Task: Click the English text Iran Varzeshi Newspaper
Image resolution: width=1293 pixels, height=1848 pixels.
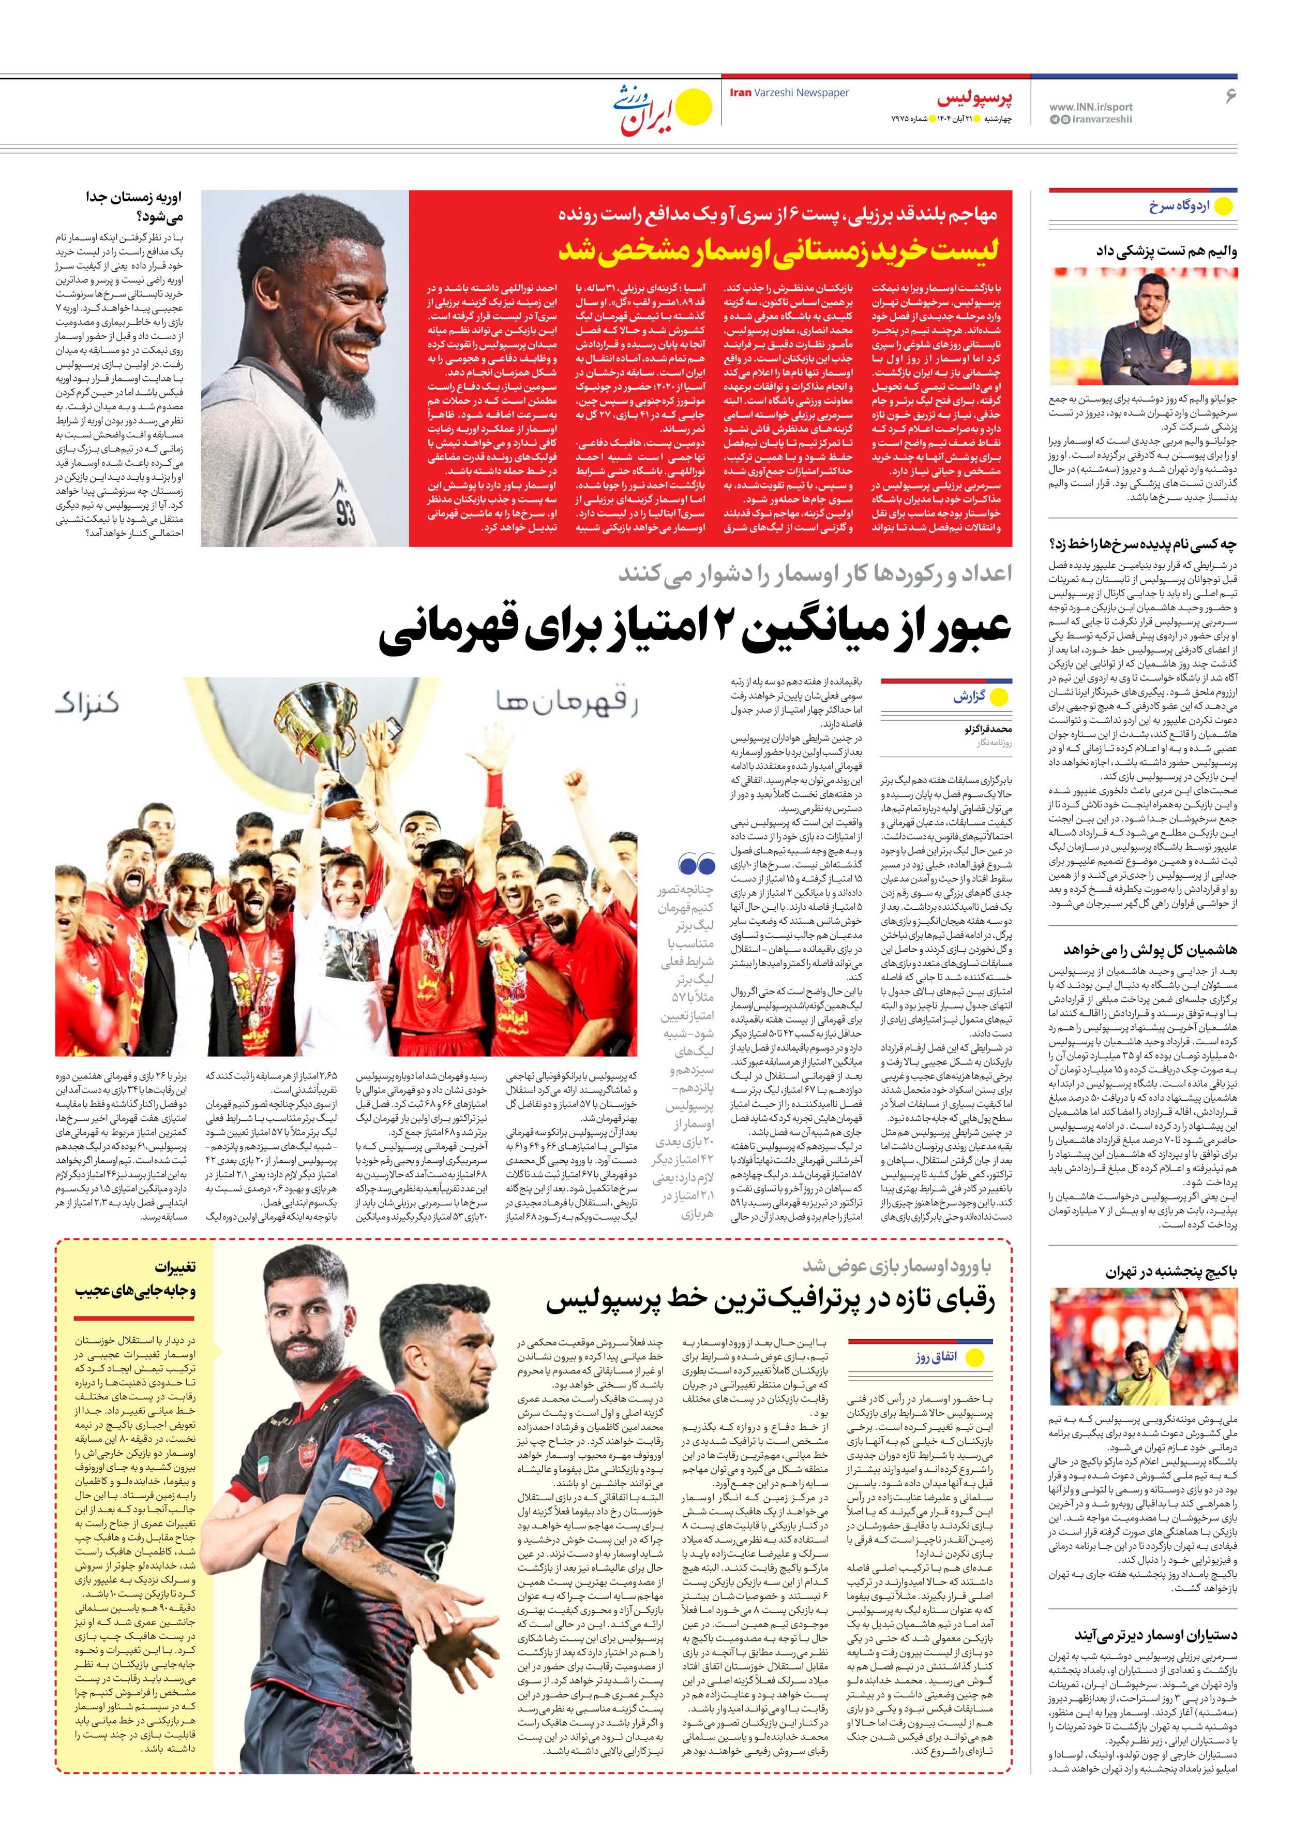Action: pos(789,93)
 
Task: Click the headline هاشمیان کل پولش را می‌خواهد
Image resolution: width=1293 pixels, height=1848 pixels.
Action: pos(1150,950)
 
